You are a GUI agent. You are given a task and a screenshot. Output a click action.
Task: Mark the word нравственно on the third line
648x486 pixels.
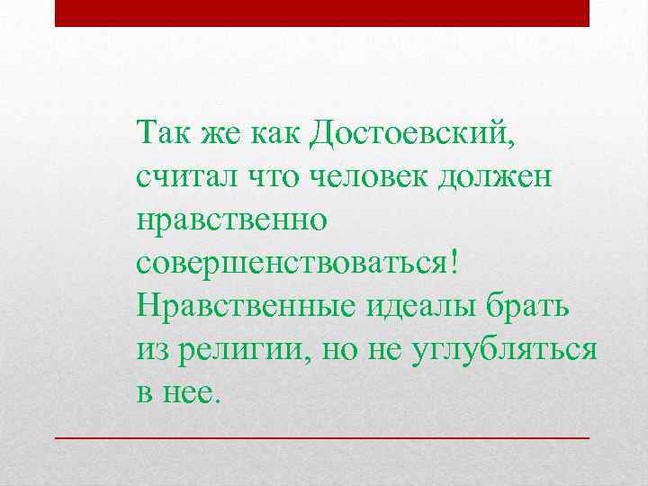(x=233, y=220)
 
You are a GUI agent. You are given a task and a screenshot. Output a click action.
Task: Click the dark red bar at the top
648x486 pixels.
(x=321, y=13)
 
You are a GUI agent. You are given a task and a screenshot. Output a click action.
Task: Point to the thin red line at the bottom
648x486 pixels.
(x=321, y=436)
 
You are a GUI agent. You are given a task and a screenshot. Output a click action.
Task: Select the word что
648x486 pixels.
(x=272, y=177)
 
